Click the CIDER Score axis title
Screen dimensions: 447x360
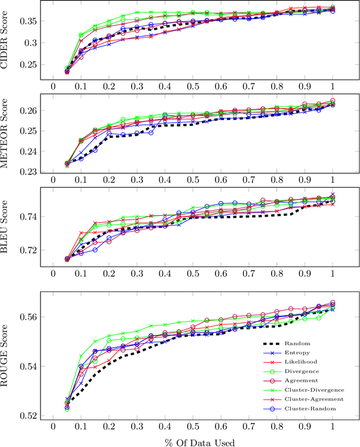pos(8,42)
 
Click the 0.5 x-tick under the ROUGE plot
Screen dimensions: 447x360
pos(193,426)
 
